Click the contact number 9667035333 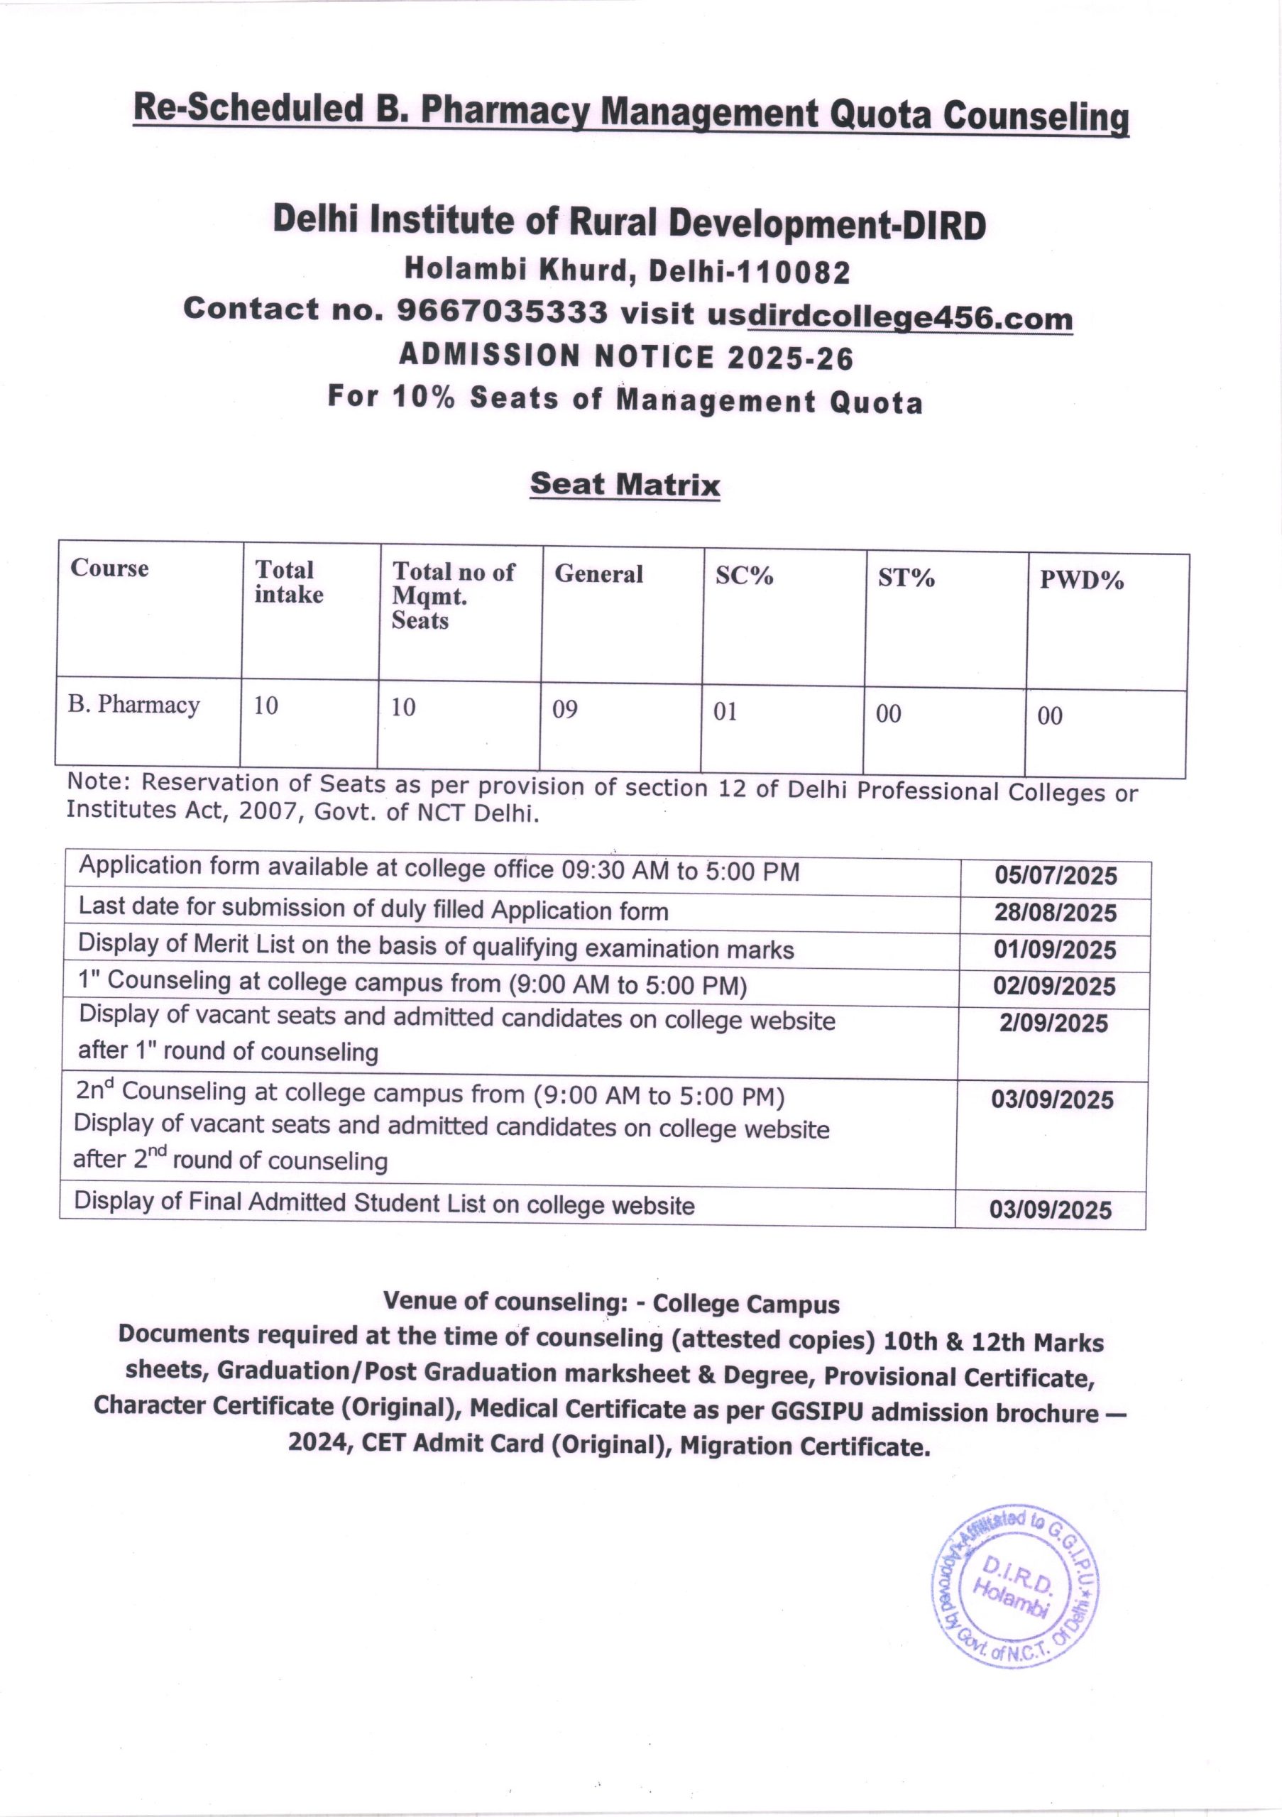[502, 311]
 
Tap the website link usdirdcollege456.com [889, 317]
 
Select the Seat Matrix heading [625, 483]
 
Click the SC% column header [744, 576]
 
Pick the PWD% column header [1081, 581]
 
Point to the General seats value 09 [565, 709]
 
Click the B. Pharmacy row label [133, 704]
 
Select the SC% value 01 [725, 711]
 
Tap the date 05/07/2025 [1056, 876]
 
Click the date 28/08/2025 [1056, 913]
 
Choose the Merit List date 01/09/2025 [1055, 950]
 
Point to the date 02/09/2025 [1055, 986]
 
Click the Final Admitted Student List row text [385, 1204]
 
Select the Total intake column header [289, 582]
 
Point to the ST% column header [906, 578]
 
